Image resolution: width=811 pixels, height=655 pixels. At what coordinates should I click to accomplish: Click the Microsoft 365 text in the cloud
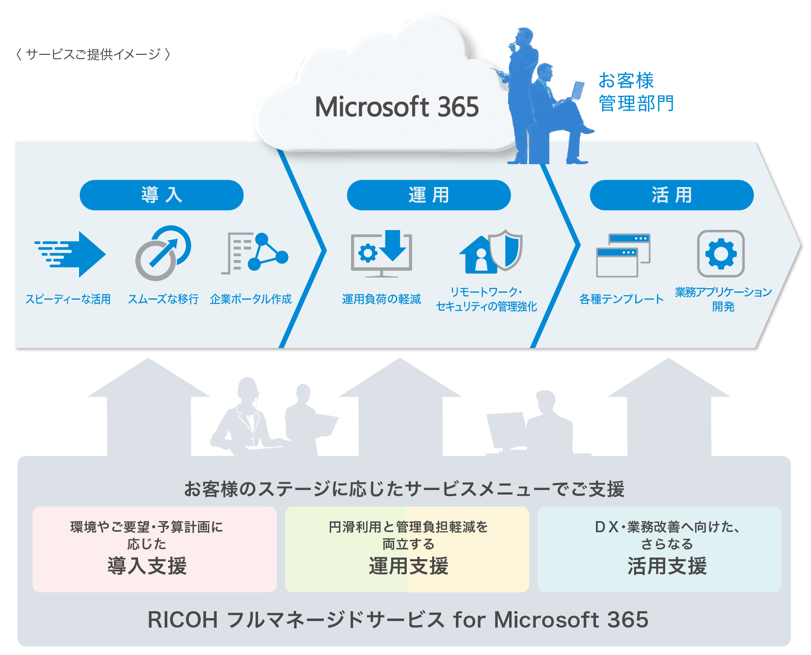396,107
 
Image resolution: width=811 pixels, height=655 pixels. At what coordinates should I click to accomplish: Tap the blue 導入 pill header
161,195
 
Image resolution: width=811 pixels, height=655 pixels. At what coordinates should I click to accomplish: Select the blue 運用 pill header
428,195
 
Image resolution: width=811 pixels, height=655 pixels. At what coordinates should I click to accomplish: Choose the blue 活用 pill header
671,195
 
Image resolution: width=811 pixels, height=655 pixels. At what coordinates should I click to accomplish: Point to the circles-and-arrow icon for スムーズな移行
163,253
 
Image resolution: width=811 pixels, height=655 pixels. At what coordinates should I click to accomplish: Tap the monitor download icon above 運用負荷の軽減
381,253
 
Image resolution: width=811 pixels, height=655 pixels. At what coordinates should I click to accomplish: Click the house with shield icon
490,252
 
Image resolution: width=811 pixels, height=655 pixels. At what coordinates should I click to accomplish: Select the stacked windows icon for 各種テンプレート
623,255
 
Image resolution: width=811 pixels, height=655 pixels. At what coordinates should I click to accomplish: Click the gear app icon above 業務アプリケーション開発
720,253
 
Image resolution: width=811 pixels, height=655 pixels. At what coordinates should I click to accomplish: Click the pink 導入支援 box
154,549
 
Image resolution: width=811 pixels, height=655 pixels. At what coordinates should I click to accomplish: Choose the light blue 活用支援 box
659,549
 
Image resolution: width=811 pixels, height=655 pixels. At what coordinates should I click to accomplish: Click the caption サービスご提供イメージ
93,54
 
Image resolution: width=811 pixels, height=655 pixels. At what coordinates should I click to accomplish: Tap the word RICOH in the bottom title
182,619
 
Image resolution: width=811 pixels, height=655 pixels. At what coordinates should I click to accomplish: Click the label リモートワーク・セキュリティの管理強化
486,299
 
